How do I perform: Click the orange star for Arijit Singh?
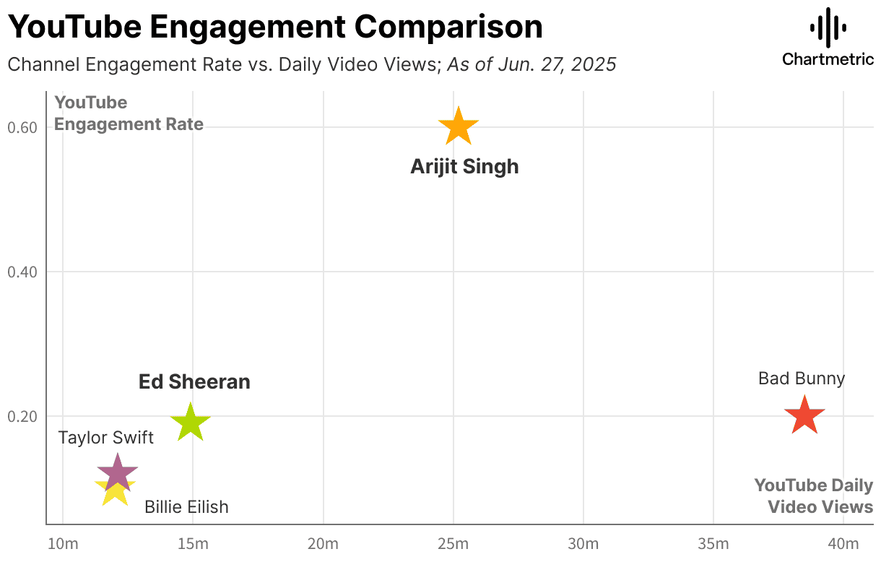[459, 127]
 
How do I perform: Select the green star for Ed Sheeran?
[190, 423]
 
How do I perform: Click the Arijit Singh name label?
[464, 167]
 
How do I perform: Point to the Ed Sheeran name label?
[194, 382]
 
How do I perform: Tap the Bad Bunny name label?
[801, 379]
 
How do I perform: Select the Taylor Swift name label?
[105, 438]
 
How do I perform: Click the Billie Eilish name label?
[186, 507]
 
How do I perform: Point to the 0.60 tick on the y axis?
[22, 128]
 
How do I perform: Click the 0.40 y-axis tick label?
[22, 272]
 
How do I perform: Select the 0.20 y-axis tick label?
[22, 417]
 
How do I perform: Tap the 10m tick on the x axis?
[63, 544]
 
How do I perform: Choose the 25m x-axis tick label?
[453, 544]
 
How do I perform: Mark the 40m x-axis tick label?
[843, 544]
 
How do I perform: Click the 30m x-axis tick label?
[583, 544]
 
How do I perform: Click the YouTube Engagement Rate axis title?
[129, 114]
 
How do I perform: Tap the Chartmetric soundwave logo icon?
[828, 28]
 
